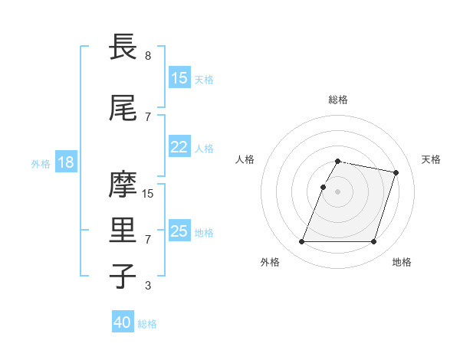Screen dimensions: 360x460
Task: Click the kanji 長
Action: pos(123,47)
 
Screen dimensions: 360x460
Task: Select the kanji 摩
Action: pos(123,185)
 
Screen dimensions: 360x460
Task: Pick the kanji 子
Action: pos(123,277)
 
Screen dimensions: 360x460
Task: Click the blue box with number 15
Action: pos(179,78)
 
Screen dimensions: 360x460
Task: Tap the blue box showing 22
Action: pos(179,147)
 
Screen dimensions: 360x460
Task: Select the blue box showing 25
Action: pos(179,231)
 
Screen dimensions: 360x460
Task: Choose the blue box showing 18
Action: pos(65,162)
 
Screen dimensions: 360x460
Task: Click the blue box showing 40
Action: pos(123,323)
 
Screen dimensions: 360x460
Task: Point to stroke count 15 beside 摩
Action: pos(148,194)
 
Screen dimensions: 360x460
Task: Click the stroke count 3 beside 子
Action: pos(148,286)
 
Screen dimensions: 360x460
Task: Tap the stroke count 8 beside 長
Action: pos(148,56)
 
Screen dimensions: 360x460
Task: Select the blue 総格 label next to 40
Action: pos(147,324)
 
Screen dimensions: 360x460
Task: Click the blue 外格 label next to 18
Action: pos(40,163)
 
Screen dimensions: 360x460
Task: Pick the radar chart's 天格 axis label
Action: pos(431,159)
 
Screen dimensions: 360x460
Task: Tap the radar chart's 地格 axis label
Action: pos(402,262)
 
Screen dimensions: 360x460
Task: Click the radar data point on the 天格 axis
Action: pos(396,173)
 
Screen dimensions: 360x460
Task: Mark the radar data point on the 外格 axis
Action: pos(302,242)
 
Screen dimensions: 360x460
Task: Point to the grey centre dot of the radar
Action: pos(338,191)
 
